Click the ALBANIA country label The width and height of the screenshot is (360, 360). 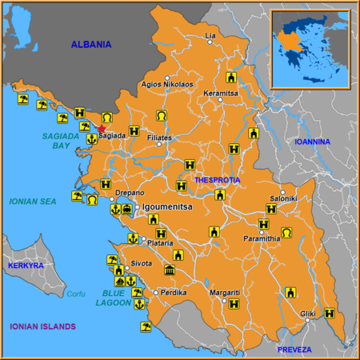[91, 45]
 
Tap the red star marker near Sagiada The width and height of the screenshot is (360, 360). [102, 128]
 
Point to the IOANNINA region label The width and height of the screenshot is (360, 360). [312, 142]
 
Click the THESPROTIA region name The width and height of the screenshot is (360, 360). [217, 180]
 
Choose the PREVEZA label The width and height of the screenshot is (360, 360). [294, 350]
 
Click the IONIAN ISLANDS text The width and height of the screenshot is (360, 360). [42, 326]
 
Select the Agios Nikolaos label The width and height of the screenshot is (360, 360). [166, 84]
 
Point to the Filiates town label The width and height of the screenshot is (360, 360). [160, 138]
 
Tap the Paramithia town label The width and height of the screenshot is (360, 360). [262, 238]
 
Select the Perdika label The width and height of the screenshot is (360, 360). [174, 293]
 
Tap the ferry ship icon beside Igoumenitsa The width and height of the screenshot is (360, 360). [126, 209]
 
